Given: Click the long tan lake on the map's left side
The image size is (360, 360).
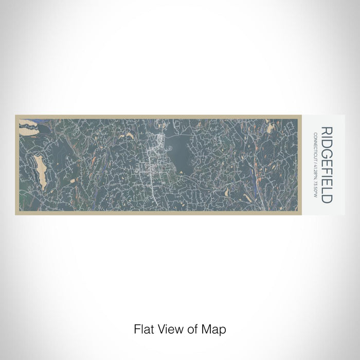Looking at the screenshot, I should click(40, 172).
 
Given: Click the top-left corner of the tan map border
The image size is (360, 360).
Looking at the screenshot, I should click(16, 115).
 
